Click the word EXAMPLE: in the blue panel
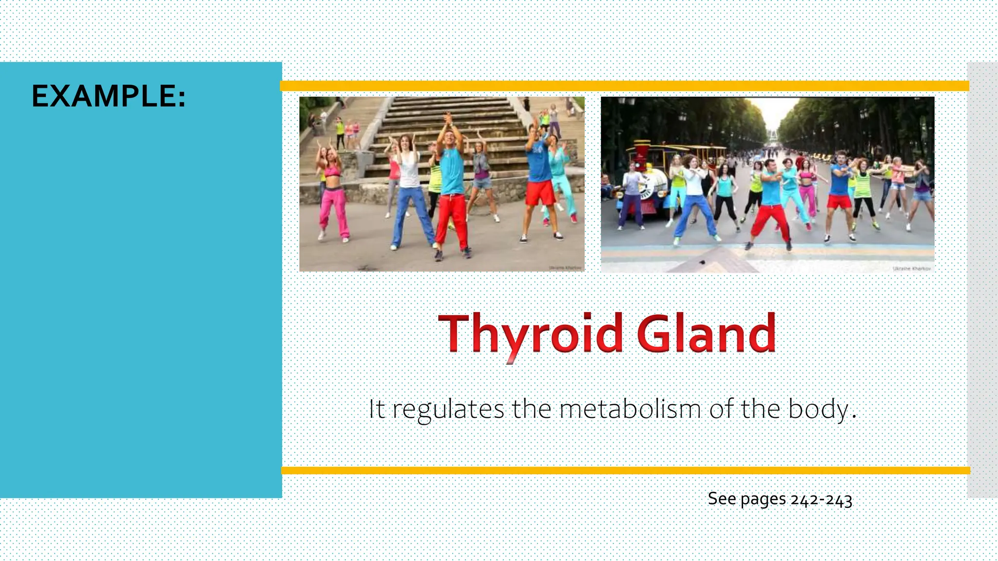(108, 96)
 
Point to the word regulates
(448, 409)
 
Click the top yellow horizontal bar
(624, 87)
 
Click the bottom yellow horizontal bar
(624, 470)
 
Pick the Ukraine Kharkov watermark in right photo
(911, 268)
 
